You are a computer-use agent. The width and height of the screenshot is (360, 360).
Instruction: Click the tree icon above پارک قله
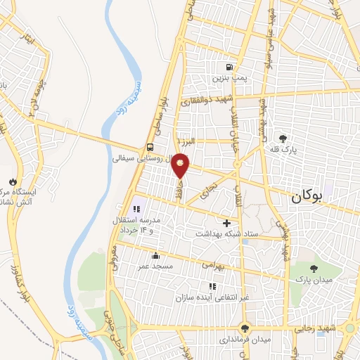click(283, 138)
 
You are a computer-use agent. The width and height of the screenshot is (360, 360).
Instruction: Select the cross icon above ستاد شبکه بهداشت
click(226, 223)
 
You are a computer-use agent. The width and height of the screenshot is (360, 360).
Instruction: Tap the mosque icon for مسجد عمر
click(156, 255)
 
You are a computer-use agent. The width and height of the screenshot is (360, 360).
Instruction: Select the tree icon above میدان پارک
click(313, 268)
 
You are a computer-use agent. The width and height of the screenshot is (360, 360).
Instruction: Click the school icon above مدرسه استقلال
click(137, 208)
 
